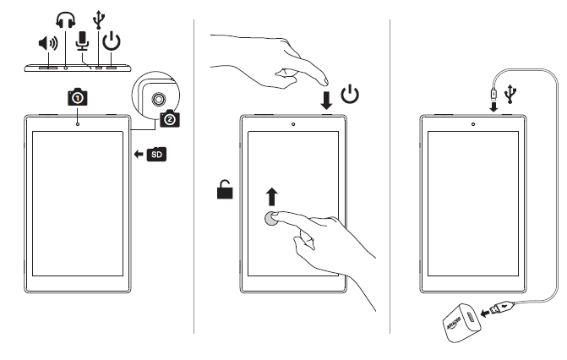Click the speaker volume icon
coord(48,43)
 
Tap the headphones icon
coord(65,19)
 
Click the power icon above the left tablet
coord(111,41)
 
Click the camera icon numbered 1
coord(78,98)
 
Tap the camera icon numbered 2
coord(170,119)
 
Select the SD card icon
coord(156,154)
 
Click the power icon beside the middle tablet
coord(351,93)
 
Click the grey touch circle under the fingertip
coord(272,220)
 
